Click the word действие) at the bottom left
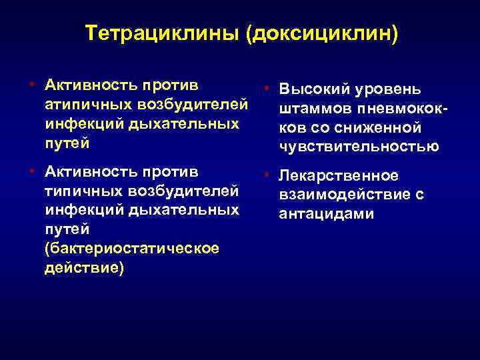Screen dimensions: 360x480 click(84, 269)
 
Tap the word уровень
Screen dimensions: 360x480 click(389, 89)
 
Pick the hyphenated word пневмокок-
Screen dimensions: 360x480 click(402, 108)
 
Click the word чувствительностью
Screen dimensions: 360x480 click(359, 147)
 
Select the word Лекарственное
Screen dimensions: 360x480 click(339, 175)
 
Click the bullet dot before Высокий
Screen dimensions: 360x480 click(265, 87)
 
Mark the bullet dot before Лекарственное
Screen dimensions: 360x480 click(265, 174)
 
